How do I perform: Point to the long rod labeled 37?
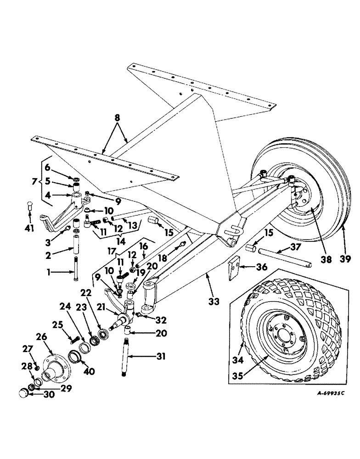tap(285, 258)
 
